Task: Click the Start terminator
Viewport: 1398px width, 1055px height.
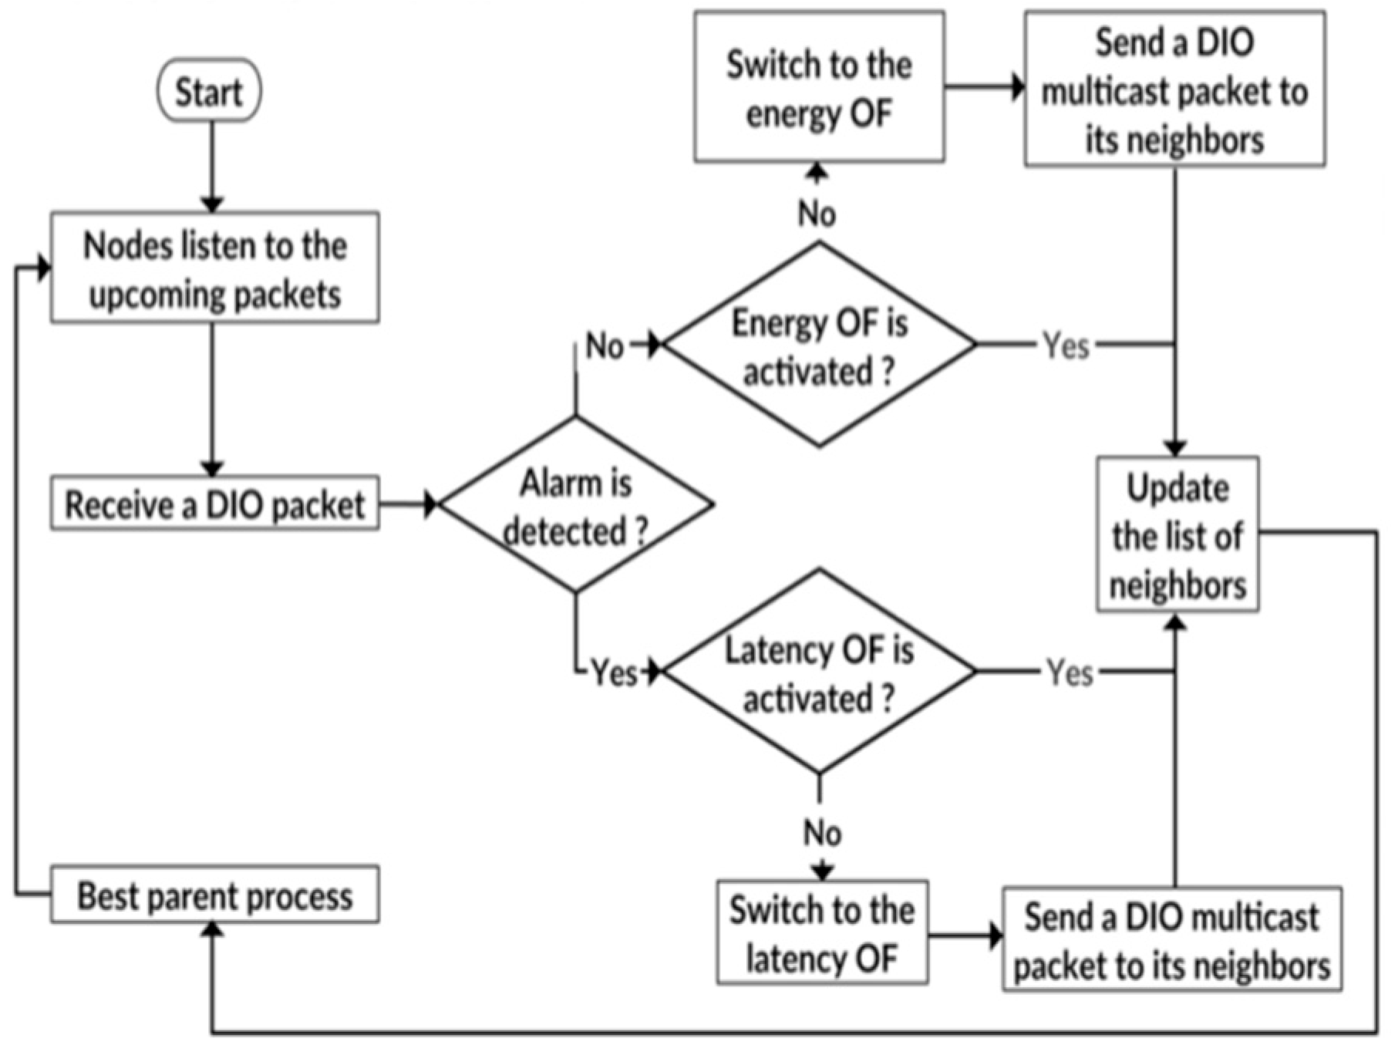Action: point(209,91)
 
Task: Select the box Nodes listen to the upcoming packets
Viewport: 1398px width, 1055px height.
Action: point(214,268)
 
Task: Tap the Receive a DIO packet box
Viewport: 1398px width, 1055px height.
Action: point(214,504)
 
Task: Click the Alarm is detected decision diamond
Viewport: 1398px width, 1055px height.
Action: point(575,505)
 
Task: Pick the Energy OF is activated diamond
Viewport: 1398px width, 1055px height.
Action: point(819,345)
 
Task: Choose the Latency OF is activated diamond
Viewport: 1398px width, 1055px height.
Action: point(819,672)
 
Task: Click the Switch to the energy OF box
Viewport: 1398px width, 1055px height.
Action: point(819,87)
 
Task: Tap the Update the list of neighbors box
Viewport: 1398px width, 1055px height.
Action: point(1177,535)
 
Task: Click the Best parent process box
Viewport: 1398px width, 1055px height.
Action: point(214,895)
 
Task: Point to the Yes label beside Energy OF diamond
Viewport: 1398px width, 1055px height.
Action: point(1066,345)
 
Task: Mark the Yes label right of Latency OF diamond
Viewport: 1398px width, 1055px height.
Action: point(1069,673)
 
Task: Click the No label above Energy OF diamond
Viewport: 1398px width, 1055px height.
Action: point(817,214)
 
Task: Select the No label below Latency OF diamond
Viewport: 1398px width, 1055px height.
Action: point(822,833)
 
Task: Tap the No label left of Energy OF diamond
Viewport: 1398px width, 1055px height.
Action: point(604,345)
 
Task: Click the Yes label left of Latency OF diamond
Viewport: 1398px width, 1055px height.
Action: point(614,673)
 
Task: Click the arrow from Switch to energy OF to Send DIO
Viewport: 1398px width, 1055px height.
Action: point(984,87)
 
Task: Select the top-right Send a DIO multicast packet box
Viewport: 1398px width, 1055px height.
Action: point(1174,89)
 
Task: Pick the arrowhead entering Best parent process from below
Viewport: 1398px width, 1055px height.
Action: point(212,932)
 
